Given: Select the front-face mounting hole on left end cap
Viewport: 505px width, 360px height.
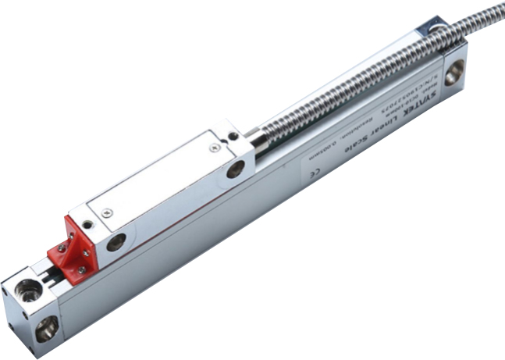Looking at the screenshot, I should click(46, 329).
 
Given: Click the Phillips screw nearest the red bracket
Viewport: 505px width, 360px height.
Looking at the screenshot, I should click(107, 212).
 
